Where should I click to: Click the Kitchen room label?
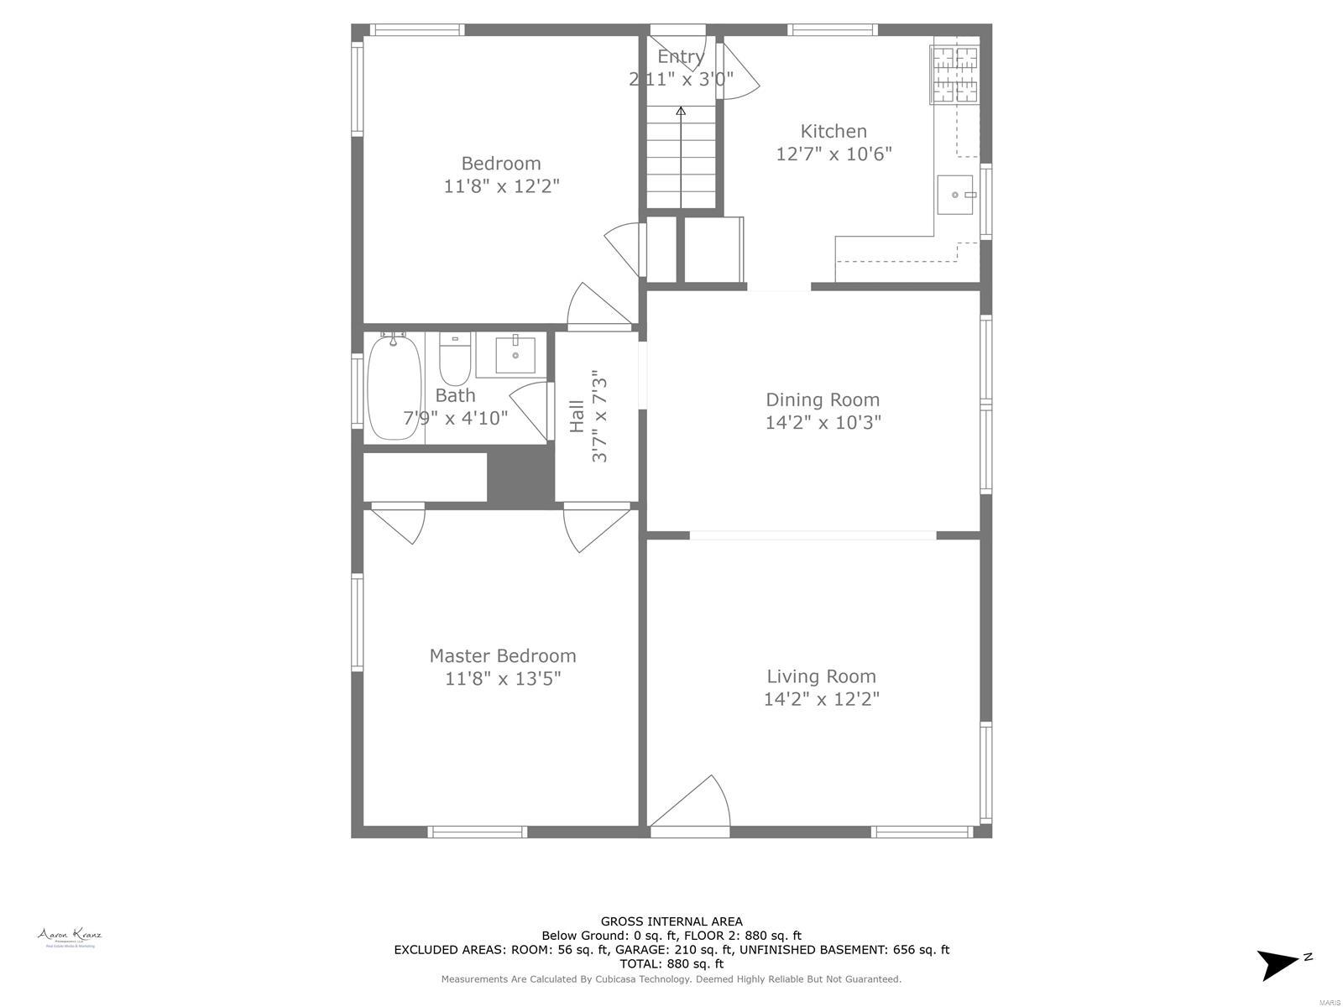tap(833, 131)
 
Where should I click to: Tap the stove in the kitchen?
tap(954, 75)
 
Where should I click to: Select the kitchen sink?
tap(955, 195)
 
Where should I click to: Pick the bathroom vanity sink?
tap(515, 356)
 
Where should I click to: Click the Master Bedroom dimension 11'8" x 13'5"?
tap(502, 678)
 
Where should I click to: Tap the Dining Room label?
tap(822, 399)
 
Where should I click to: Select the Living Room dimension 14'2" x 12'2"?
tap(821, 699)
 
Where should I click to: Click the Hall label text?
tap(577, 416)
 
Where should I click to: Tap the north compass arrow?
tap(1279, 963)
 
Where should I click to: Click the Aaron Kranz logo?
tap(70, 937)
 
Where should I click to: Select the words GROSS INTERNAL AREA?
tap(671, 921)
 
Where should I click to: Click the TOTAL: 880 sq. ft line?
tap(671, 964)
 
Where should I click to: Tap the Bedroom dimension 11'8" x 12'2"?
tap(501, 185)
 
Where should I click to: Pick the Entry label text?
tap(680, 56)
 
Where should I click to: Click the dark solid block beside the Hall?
tap(520, 476)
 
